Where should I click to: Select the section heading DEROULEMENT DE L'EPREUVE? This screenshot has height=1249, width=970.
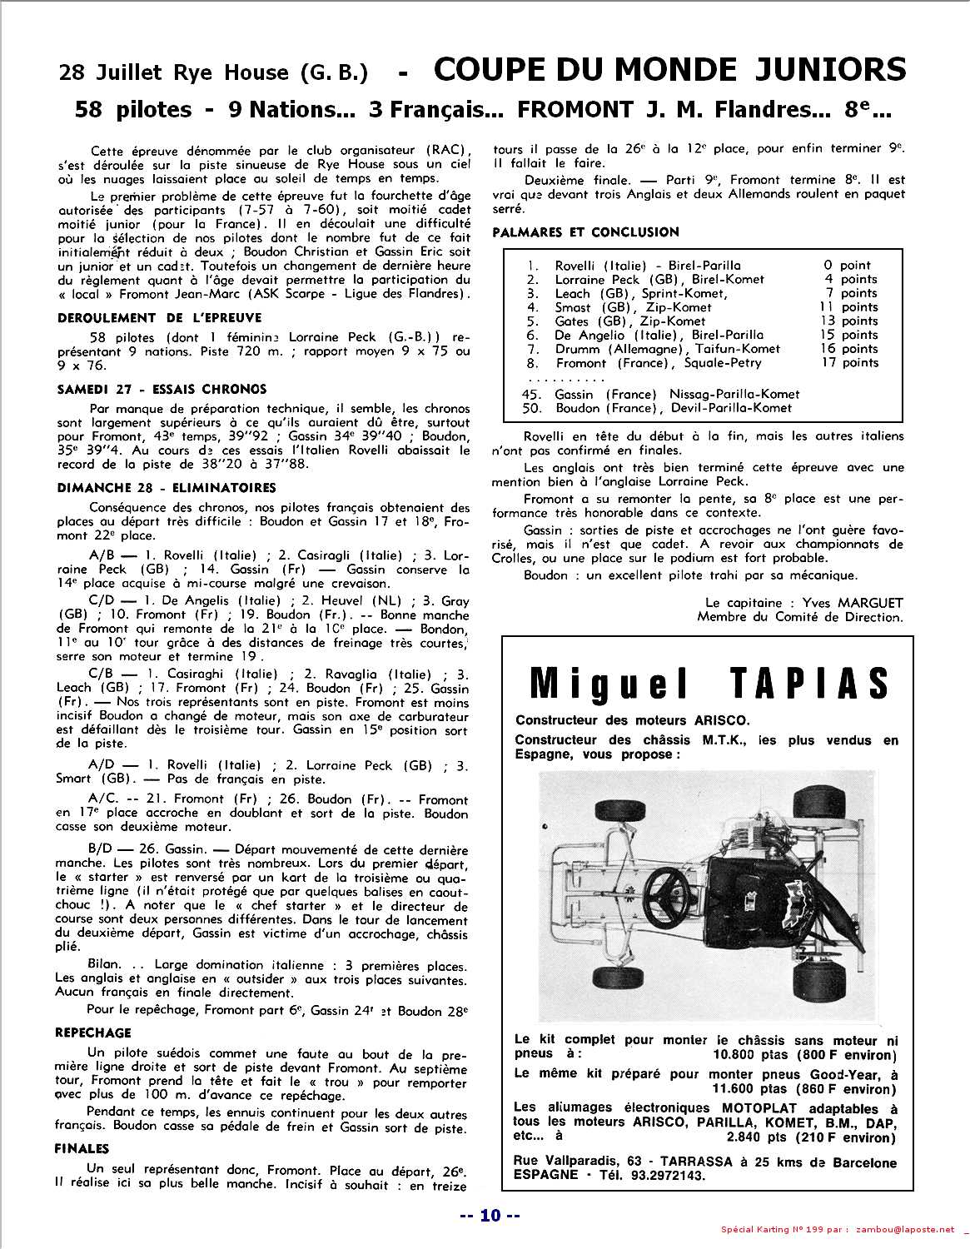pos(159,317)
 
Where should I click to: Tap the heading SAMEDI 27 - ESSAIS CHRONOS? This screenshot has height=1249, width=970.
pos(162,389)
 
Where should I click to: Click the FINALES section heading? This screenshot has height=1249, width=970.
pos(82,1148)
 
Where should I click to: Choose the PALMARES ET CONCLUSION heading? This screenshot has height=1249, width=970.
pos(585,232)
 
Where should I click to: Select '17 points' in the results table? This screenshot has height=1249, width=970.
pos(848,362)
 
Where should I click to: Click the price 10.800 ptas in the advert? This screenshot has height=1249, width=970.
pos(745,1055)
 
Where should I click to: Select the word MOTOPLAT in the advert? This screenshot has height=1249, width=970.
pos(759,1108)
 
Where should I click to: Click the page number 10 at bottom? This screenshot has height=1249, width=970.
pos(490,1217)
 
